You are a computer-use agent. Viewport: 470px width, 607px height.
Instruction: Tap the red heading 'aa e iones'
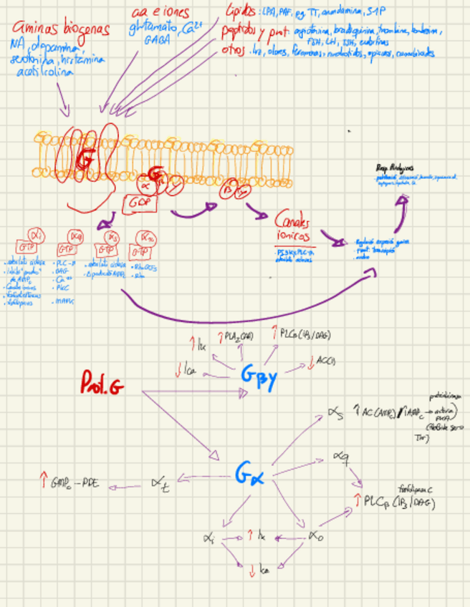click(x=162, y=13)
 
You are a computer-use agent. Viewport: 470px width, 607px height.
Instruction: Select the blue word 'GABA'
click(x=158, y=42)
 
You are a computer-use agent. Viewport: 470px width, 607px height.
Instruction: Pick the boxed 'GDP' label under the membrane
click(x=139, y=202)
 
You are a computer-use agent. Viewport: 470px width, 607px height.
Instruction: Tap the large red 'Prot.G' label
click(x=102, y=387)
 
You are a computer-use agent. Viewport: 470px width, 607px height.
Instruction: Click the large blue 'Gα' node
click(x=249, y=473)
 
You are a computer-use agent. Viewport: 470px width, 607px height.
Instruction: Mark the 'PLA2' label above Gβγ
click(x=237, y=335)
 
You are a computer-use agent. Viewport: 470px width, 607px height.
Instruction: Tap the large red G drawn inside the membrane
click(x=84, y=160)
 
